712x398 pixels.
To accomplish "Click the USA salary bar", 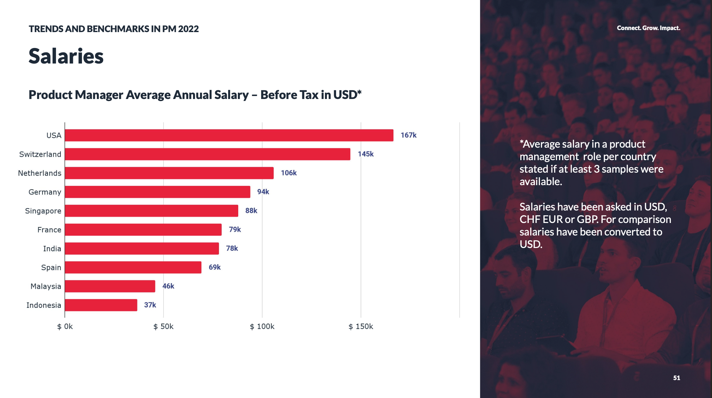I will click(x=229, y=135).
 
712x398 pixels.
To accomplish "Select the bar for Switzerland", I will click(x=207, y=154).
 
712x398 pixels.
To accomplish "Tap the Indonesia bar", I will click(x=101, y=305).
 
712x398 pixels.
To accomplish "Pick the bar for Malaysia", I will click(x=110, y=286).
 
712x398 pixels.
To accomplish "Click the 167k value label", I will click(x=408, y=135).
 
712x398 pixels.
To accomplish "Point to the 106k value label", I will click(x=289, y=173).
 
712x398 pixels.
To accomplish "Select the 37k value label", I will click(x=150, y=305).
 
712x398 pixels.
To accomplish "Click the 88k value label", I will click(x=251, y=211).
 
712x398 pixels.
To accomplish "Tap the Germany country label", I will click(x=45, y=192).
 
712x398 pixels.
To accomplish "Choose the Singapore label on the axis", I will click(x=43, y=211).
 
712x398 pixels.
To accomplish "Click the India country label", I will click(x=52, y=249).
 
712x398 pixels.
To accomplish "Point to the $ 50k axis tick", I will click(x=163, y=326).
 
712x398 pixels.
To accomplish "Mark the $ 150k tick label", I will click(x=361, y=326).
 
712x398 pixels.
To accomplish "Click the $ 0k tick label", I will click(x=65, y=326).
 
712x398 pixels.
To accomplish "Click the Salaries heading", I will click(x=66, y=56).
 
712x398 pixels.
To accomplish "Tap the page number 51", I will click(x=677, y=378).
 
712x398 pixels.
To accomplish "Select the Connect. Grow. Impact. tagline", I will click(x=648, y=28).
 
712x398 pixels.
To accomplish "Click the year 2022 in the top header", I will click(x=188, y=29).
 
